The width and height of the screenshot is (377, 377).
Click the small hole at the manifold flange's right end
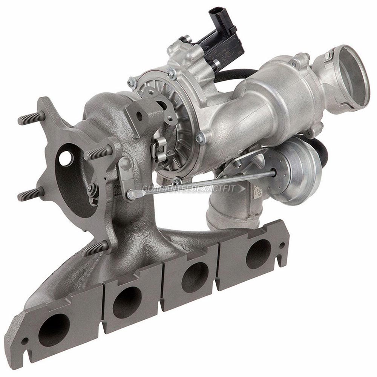pyautogui.click(x=282, y=245)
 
